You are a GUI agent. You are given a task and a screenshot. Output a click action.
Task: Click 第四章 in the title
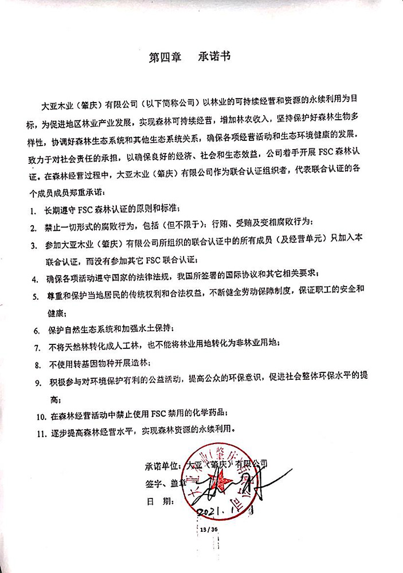coord(165,57)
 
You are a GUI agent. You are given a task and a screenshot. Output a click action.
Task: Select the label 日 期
coord(159,501)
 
